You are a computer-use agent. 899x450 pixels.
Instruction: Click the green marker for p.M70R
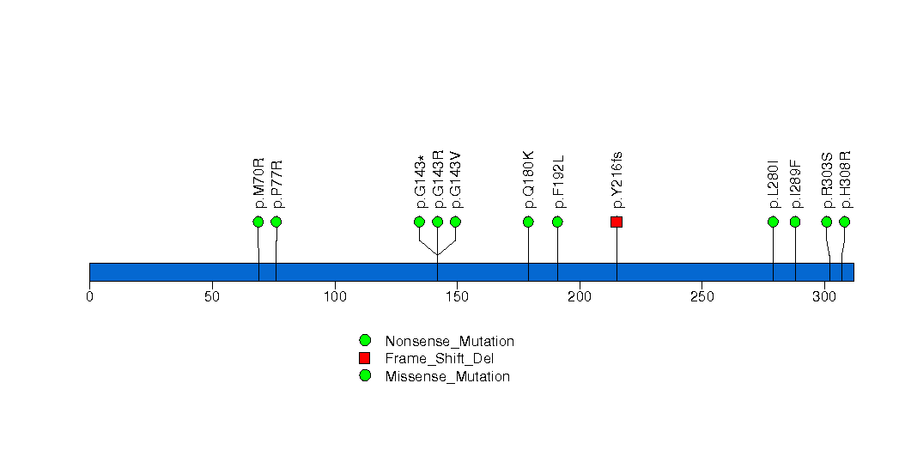258,222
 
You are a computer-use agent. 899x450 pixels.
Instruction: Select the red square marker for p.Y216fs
617,222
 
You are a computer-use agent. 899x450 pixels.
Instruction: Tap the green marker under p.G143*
419,222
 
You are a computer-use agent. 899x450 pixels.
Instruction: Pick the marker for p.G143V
455,222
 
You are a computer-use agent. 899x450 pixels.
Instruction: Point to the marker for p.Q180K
528,222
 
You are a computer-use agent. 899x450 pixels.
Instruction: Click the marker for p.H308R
844,222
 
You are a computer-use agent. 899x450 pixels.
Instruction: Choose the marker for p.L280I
773,222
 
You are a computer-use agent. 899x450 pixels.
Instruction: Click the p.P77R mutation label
277,184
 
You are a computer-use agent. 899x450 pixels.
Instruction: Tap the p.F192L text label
558,181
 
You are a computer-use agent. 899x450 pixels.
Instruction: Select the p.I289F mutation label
796,184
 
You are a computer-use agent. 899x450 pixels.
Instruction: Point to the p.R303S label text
827,180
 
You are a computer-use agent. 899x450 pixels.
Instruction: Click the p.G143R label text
438,179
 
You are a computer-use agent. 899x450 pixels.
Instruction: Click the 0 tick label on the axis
89,297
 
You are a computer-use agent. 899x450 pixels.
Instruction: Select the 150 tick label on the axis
457,297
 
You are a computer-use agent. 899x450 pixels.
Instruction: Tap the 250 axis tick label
702,297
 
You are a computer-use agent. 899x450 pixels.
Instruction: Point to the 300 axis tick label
824,297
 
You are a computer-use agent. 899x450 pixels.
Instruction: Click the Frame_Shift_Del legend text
439,359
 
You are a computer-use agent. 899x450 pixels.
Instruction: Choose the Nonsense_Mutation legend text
450,341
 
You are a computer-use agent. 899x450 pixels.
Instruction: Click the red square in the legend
365,358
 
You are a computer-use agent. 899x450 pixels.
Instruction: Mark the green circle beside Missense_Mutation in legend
365,375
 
